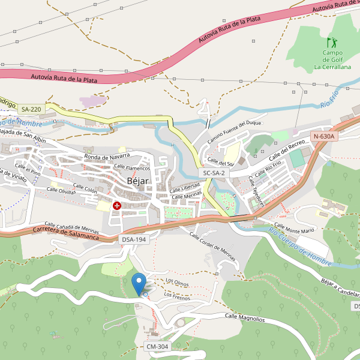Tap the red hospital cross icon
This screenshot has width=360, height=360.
point(117,206)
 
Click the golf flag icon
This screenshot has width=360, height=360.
point(332,43)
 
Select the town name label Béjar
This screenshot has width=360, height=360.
point(138,181)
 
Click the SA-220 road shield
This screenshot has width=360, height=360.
point(31,109)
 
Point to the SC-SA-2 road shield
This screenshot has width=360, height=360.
point(214,173)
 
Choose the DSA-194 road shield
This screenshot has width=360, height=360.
point(133,239)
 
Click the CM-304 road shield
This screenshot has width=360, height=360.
point(157,347)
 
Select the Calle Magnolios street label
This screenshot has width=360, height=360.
point(245,317)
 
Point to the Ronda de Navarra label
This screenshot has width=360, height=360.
point(107,157)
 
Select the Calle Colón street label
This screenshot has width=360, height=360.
point(85,189)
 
